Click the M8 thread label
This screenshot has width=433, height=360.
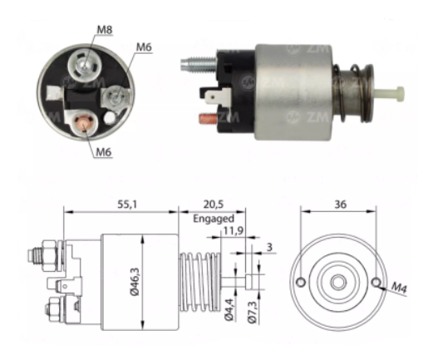point(104,30)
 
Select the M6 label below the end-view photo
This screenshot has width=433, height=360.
point(104,151)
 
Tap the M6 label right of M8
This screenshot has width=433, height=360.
point(143,48)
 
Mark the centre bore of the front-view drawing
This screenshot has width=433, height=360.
point(337,281)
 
